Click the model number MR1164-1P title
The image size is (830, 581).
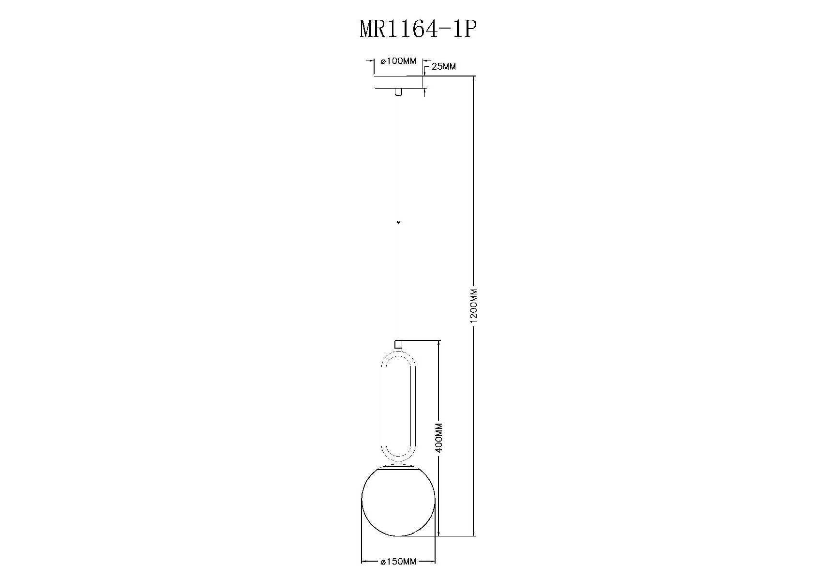pyautogui.click(x=418, y=30)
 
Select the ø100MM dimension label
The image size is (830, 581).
pyautogui.click(x=398, y=61)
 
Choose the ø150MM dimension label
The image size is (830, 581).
pyautogui.click(x=398, y=562)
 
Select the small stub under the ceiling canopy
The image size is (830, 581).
pyautogui.click(x=398, y=92)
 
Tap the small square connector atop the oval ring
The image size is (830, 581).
pyautogui.click(x=399, y=345)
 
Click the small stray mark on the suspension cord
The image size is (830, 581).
pyautogui.click(x=398, y=223)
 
